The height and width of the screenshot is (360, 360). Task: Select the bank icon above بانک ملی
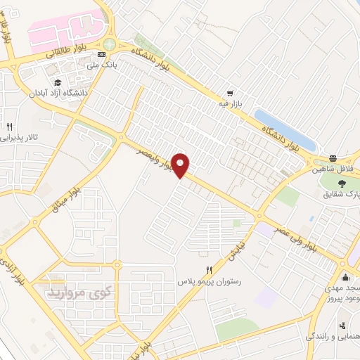coord(103,54)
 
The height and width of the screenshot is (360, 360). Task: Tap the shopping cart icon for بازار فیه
coord(230,93)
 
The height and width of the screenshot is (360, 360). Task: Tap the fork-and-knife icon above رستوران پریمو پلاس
coord(210,270)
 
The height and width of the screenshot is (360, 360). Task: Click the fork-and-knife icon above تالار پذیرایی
coord(9,127)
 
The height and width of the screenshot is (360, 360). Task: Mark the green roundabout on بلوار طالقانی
coord(108,44)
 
